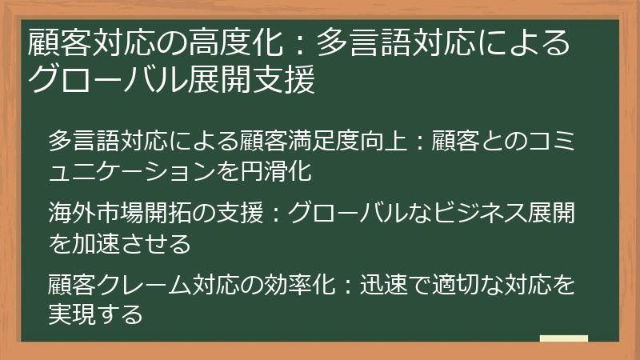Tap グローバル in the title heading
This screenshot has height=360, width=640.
97,79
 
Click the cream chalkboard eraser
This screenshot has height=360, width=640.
563,339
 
